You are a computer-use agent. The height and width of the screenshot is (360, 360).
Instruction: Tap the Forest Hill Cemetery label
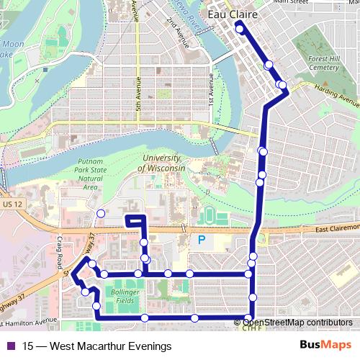point(318,63)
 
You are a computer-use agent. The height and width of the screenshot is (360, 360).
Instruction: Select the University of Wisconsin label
point(163,163)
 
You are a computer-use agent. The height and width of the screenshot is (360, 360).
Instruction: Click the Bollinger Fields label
point(125,297)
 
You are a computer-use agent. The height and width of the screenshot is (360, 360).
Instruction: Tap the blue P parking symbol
point(202,240)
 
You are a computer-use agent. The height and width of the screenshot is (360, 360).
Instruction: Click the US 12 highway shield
point(12,205)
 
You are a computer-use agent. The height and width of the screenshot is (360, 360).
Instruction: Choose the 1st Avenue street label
point(212,90)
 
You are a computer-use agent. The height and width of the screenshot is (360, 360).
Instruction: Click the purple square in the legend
point(11,346)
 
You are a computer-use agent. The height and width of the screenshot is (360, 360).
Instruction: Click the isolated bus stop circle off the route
point(101,213)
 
